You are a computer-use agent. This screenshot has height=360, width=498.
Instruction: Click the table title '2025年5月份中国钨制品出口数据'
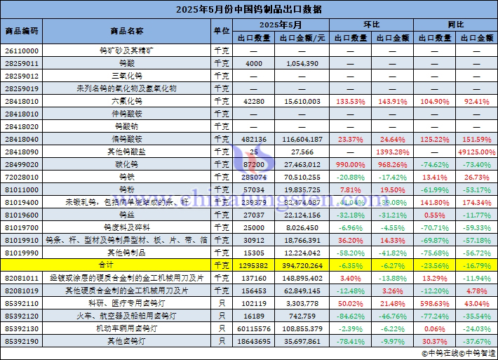click(x=249, y=9)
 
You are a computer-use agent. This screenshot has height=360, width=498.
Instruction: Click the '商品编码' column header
click(x=22, y=32)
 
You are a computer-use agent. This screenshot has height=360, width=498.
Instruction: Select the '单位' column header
click(x=221, y=32)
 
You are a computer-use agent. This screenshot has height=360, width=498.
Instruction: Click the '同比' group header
click(x=455, y=25)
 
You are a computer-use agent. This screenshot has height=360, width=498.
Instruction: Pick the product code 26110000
click(x=22, y=51)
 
